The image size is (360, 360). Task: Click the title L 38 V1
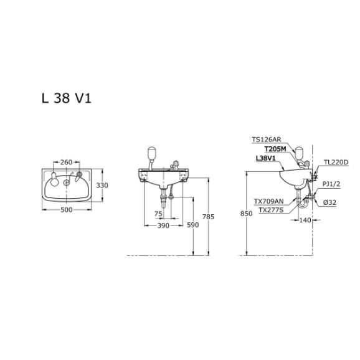[x=67, y=98]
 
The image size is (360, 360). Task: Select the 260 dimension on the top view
[x=67, y=163]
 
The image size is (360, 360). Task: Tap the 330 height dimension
[x=102, y=185]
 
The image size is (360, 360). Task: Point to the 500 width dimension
[x=67, y=210]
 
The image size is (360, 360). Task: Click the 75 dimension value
[x=158, y=214]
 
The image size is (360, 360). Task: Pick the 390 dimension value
[x=163, y=225]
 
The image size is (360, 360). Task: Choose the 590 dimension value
[x=192, y=225]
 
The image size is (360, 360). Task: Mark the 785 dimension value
[x=208, y=217]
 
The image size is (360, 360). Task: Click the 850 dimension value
[x=247, y=214]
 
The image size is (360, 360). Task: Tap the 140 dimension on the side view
[x=305, y=220]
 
